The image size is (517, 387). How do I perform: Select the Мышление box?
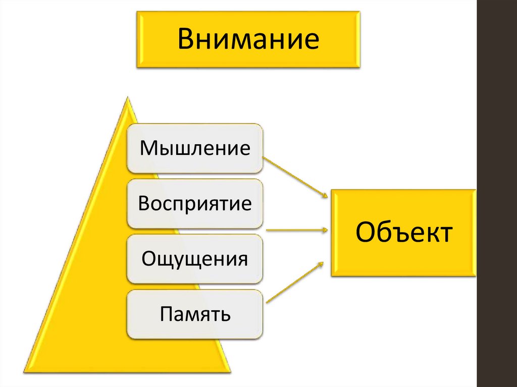click(x=195, y=149)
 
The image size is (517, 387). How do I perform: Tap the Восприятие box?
click(x=195, y=204)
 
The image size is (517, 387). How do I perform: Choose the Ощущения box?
click(x=195, y=259)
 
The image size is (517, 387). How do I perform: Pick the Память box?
click(x=195, y=314)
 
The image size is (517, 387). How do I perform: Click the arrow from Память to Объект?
click(x=294, y=282)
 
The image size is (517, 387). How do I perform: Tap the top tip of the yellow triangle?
click(x=127, y=99)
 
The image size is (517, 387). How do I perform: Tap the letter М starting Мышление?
click(x=148, y=149)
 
